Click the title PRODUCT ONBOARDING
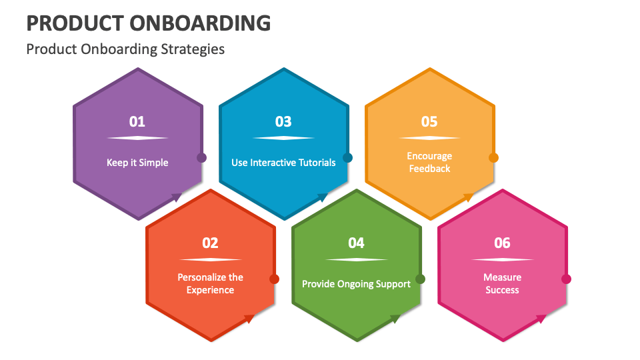tap(148, 23)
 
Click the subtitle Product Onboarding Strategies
tap(125, 49)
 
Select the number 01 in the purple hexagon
tap(137, 121)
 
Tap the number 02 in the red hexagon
tap(210, 243)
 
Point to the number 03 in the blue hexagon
tap(283, 121)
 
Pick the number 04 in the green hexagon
tap(356, 243)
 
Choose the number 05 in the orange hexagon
tap(429, 121)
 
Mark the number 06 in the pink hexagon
tap(502, 243)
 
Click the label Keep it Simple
tap(137, 163)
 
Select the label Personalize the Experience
tap(210, 283)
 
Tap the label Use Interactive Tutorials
tap(283, 163)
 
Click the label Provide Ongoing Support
tap(356, 284)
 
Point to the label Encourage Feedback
tap(429, 162)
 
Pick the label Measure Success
tap(502, 283)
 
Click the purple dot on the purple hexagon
tap(201, 158)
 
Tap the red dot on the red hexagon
tap(274, 279)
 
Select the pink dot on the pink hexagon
tap(566, 279)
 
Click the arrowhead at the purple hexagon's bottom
tap(177, 197)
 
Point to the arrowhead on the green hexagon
tap(396, 319)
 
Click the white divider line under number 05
tap(429, 138)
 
